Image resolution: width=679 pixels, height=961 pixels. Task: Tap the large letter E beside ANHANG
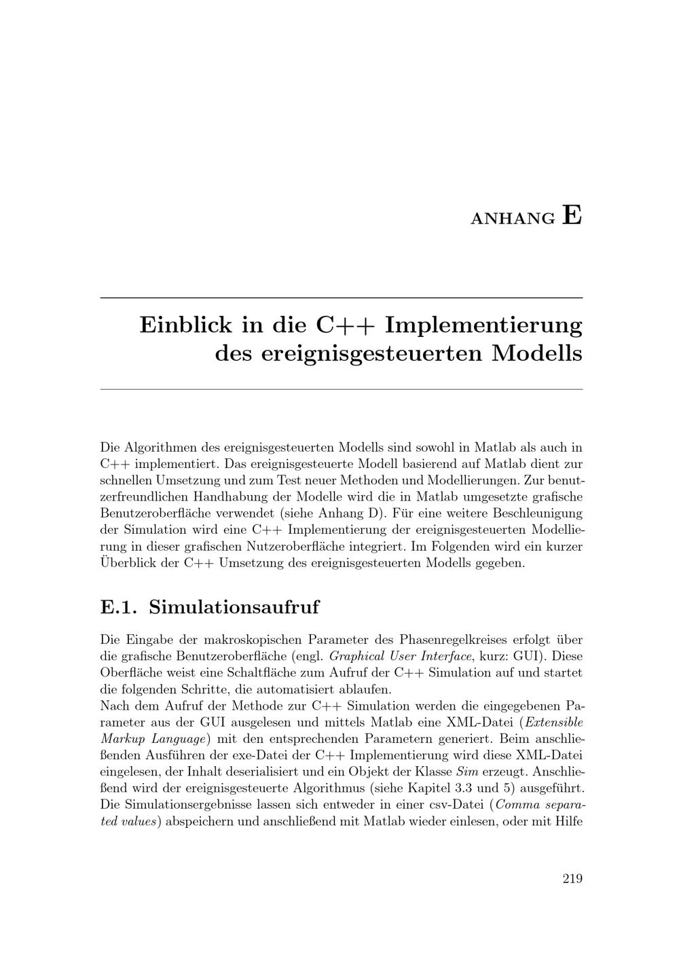(x=572, y=215)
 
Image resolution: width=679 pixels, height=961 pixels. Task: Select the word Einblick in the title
(x=185, y=325)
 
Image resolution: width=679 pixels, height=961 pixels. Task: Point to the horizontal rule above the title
(x=342, y=298)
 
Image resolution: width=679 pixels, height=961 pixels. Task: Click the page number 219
(x=572, y=879)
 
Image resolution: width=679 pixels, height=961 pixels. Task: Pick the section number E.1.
(x=119, y=606)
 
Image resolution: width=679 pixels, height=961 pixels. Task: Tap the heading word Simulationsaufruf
(x=234, y=606)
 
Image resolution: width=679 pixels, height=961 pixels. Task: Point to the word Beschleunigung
(x=537, y=513)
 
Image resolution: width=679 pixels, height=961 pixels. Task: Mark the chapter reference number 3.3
(x=514, y=788)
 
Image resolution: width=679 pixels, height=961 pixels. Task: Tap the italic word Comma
(x=519, y=805)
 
